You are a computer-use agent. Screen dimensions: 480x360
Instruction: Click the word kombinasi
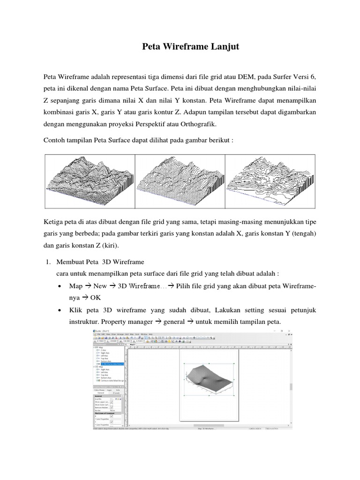(x=60, y=112)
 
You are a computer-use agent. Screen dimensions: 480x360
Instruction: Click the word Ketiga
(x=54, y=220)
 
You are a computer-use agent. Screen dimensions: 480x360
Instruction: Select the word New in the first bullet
(x=100, y=286)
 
